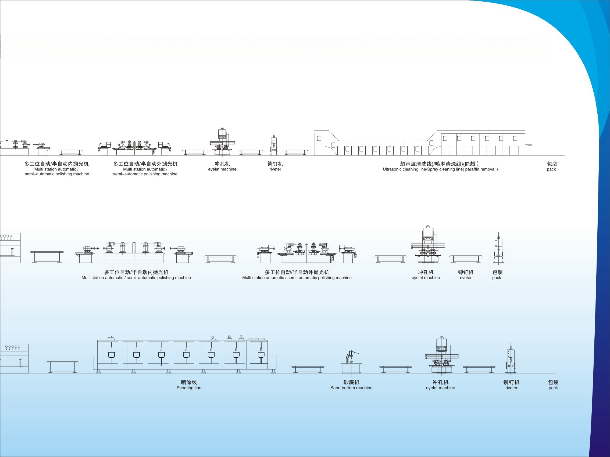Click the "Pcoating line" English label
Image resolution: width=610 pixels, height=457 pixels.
click(189, 388)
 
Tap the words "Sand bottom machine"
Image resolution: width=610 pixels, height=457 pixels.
click(351, 388)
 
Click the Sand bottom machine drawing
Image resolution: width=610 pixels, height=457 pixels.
click(351, 362)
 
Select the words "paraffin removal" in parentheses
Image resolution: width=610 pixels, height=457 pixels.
click(480, 169)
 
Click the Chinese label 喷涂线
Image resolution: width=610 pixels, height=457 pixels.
click(189, 382)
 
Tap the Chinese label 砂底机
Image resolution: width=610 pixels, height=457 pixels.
click(351, 382)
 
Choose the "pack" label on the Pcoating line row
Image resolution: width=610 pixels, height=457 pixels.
click(553, 388)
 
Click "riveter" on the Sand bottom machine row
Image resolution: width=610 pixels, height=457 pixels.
click(511, 388)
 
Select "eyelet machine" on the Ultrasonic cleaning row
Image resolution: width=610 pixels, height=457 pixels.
click(222, 169)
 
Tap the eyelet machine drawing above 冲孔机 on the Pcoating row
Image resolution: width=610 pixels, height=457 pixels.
click(441, 355)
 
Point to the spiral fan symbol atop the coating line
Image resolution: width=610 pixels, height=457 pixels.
click(213, 338)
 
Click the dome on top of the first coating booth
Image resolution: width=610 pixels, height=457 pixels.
click(110, 338)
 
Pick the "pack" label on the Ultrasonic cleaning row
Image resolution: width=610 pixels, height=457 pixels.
click(551, 169)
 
